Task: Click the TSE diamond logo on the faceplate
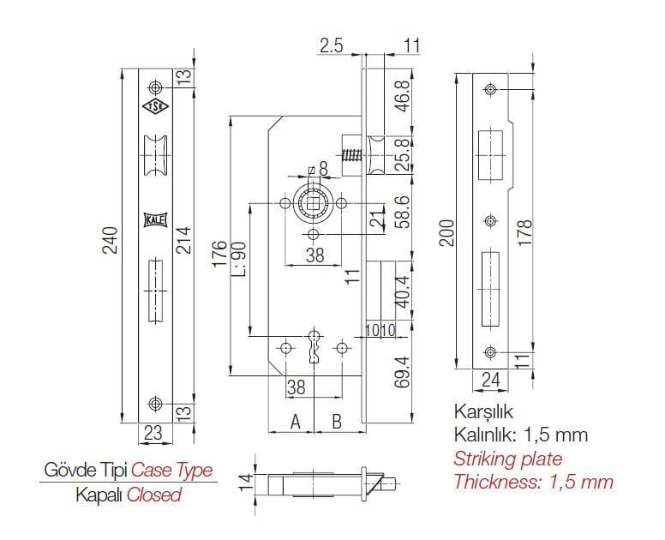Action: click(156, 108)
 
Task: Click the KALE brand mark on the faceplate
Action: click(156, 219)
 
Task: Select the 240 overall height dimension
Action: click(111, 240)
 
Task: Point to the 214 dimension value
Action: click(183, 241)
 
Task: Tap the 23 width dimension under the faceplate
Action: click(153, 433)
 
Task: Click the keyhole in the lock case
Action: click(315, 345)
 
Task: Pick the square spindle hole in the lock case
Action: click(315, 204)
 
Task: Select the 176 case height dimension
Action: click(219, 254)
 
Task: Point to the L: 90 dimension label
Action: click(238, 259)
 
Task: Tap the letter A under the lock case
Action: click(295, 422)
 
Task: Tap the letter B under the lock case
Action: click(336, 422)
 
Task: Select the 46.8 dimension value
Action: click(403, 96)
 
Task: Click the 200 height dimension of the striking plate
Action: click(446, 232)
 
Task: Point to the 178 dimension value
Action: click(524, 232)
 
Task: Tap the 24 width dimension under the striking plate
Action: click(491, 379)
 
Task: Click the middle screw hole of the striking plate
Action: click(491, 220)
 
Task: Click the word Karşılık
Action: click(483, 412)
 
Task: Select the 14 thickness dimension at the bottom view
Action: click(246, 483)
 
